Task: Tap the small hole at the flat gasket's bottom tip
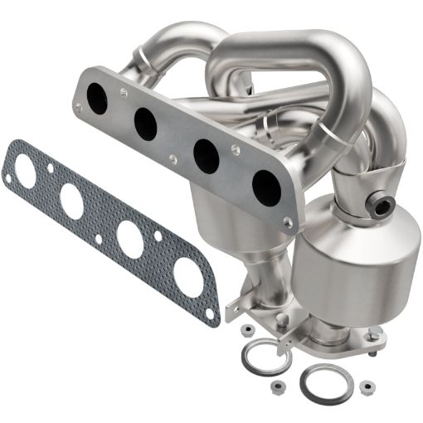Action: click(x=211, y=315)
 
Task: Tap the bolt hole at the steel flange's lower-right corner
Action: click(x=287, y=221)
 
